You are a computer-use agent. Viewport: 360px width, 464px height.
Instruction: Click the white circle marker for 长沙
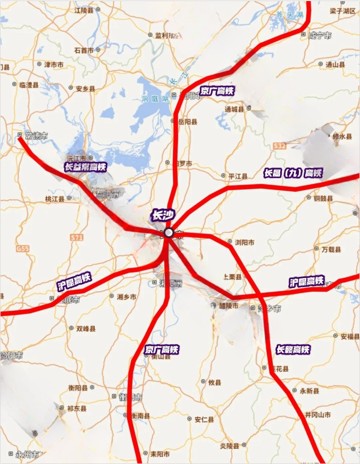click(x=169, y=232)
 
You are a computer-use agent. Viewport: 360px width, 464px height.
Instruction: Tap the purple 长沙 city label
click(x=160, y=216)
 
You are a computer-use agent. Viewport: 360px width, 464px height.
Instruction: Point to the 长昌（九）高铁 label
click(x=293, y=173)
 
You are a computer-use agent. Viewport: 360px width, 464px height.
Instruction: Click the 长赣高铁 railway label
click(x=292, y=349)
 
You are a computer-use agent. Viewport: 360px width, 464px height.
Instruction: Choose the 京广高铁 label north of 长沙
click(x=217, y=91)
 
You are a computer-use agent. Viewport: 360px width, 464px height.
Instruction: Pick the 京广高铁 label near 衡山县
click(x=162, y=349)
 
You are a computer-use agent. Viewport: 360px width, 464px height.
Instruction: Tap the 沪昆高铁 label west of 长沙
click(x=74, y=281)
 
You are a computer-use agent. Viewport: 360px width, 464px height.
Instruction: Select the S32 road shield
click(x=280, y=145)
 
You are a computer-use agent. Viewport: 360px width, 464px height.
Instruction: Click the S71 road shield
click(x=77, y=238)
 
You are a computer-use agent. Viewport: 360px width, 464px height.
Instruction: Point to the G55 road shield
click(x=23, y=248)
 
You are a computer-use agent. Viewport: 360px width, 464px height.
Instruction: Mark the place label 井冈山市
click(x=317, y=415)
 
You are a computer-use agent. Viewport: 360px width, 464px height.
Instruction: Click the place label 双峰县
click(x=86, y=328)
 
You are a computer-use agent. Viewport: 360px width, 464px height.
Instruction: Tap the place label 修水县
click(x=342, y=137)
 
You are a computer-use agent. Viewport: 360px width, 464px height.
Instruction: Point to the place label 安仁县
click(x=204, y=419)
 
